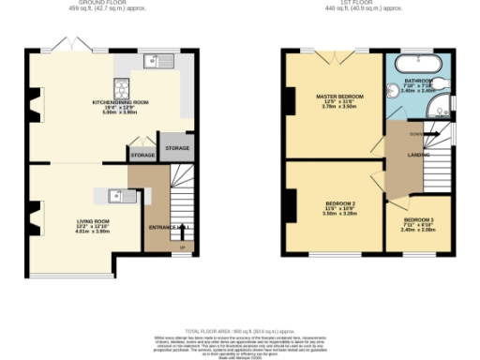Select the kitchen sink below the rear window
click(x=156, y=61)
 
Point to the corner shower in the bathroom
click(x=438, y=111)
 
